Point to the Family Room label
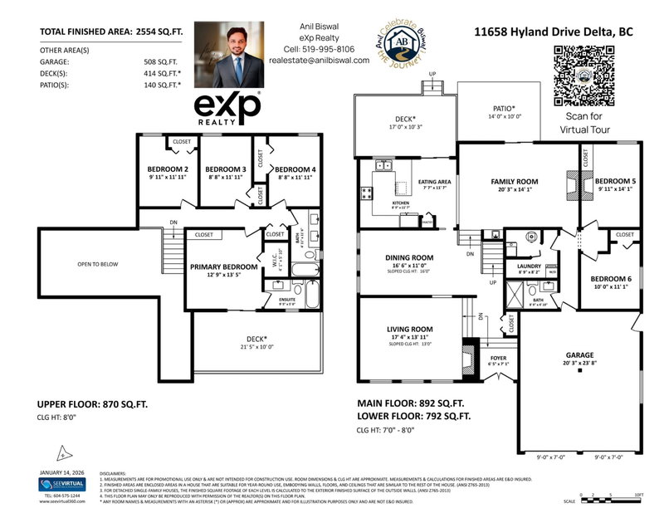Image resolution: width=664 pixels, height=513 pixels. pyautogui.click(x=514, y=182)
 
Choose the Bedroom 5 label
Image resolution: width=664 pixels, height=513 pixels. pyautogui.click(x=613, y=181)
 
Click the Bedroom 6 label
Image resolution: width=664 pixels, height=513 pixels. pyautogui.click(x=609, y=279)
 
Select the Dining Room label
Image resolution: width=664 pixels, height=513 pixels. pyautogui.click(x=408, y=257)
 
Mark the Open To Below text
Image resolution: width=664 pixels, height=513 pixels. pyautogui.click(x=98, y=264)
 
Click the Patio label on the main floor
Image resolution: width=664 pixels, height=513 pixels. pyautogui.click(x=502, y=108)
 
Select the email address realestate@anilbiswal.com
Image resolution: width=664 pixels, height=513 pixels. pyautogui.click(x=320, y=60)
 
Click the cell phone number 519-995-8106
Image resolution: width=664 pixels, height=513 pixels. pyautogui.click(x=320, y=48)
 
